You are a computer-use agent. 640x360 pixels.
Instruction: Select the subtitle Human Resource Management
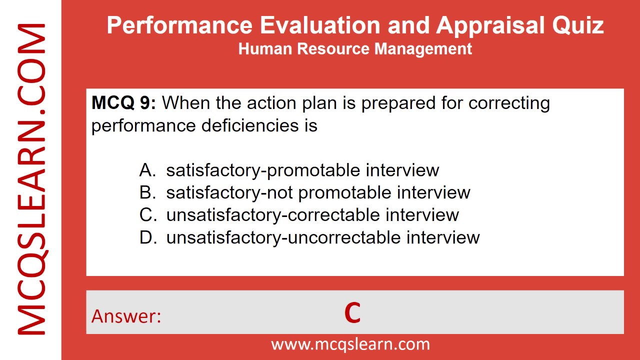355,48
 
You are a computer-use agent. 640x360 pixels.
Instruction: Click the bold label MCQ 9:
123,103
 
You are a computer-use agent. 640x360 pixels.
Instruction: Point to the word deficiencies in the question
248,125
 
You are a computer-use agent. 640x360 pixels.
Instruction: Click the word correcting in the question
509,103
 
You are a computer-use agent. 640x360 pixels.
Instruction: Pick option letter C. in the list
148,214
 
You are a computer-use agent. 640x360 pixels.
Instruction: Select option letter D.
148,237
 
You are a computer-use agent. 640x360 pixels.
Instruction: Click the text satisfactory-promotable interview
302,170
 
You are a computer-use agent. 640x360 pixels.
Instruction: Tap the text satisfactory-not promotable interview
318,192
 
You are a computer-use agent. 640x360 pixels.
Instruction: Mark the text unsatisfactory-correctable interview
312,214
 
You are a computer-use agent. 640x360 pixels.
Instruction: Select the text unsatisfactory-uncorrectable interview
323,237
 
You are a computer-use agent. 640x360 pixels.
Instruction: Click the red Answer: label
126,316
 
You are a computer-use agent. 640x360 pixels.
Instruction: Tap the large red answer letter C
352,313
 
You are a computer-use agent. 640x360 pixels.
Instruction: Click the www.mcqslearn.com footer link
350,344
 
